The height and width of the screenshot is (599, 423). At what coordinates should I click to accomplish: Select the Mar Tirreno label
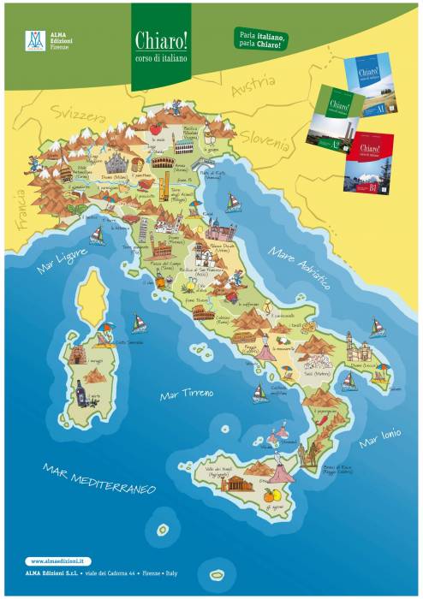pos(187,394)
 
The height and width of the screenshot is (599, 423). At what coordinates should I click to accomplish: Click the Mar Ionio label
pos(379,436)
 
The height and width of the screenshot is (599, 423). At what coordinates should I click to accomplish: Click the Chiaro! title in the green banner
pos(161,40)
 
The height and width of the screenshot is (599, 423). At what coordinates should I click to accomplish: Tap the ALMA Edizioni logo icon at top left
pos(35,40)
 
